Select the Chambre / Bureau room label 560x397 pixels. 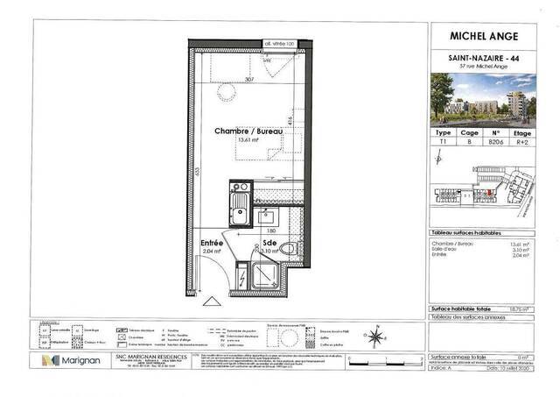coord(248,131)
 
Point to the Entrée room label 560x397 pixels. coord(213,243)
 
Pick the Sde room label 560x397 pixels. coord(269,244)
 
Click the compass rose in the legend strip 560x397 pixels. coord(374,333)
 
